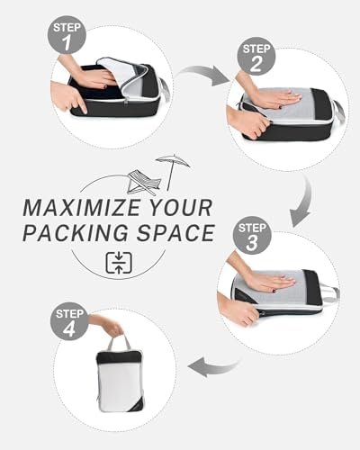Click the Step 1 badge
point(67,35)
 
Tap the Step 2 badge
point(256,56)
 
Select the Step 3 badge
point(252,235)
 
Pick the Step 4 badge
point(69,321)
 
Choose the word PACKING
point(76,233)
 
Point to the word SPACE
point(175,233)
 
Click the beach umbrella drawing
point(173,171)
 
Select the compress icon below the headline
point(119,263)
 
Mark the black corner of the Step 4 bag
point(136,404)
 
